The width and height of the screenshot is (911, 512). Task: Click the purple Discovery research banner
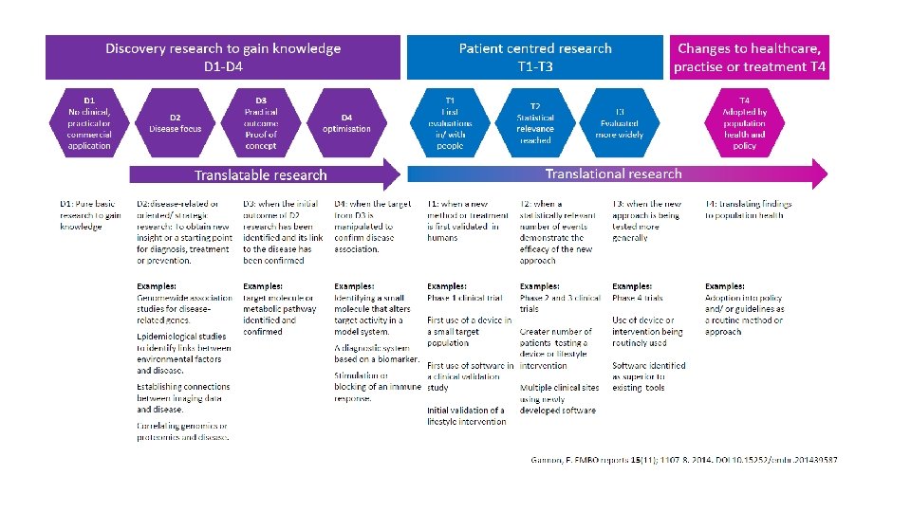point(223,57)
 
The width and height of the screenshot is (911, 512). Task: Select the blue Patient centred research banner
point(535,57)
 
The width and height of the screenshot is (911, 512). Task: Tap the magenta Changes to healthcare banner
point(750,57)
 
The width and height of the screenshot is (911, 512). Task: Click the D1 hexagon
point(89,122)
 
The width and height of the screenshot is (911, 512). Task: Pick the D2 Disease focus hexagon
point(176,122)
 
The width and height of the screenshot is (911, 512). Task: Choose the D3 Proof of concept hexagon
point(261,122)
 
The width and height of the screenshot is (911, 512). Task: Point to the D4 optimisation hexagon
point(346,122)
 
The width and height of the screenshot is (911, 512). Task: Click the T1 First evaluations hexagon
point(450,122)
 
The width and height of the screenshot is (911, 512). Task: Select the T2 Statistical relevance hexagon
point(535,122)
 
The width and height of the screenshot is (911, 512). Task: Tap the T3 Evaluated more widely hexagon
point(620,122)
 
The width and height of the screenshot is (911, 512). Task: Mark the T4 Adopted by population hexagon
point(745,122)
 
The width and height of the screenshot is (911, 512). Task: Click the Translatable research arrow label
point(260,175)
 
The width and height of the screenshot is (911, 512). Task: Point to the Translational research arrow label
point(613,174)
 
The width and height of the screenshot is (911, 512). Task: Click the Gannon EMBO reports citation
point(683,460)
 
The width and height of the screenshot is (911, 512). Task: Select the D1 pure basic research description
point(91,215)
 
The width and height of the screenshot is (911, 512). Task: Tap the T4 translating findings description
point(749,210)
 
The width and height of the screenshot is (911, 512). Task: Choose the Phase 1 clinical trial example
point(465,298)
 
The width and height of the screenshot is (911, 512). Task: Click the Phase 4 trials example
point(638,298)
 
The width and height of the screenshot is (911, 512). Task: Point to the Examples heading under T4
point(724,286)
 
